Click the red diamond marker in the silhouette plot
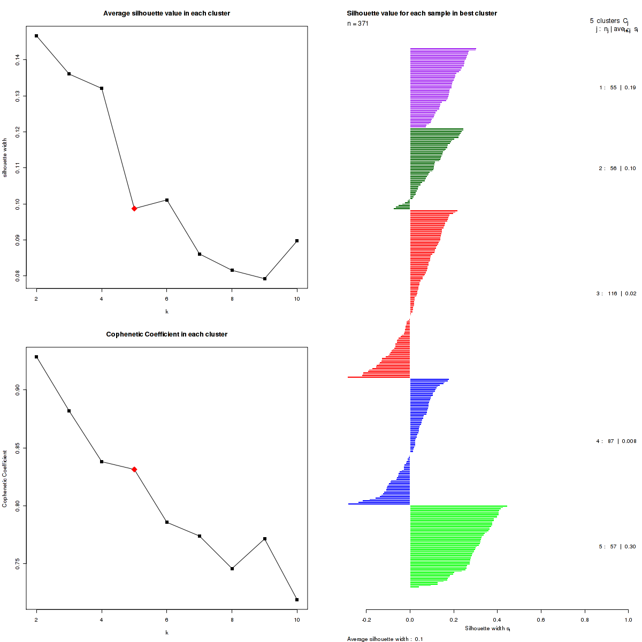point(134,208)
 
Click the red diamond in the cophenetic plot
point(134,469)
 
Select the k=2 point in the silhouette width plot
point(36,36)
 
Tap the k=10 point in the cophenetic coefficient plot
point(297,600)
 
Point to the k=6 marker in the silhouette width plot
point(167,200)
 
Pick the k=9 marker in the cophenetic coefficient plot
point(264,539)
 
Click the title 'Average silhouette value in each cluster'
point(166,13)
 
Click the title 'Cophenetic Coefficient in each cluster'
point(166,334)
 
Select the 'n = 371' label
point(358,24)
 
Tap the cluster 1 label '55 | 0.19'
point(617,88)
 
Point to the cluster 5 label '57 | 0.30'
point(617,547)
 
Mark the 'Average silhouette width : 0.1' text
point(385,639)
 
